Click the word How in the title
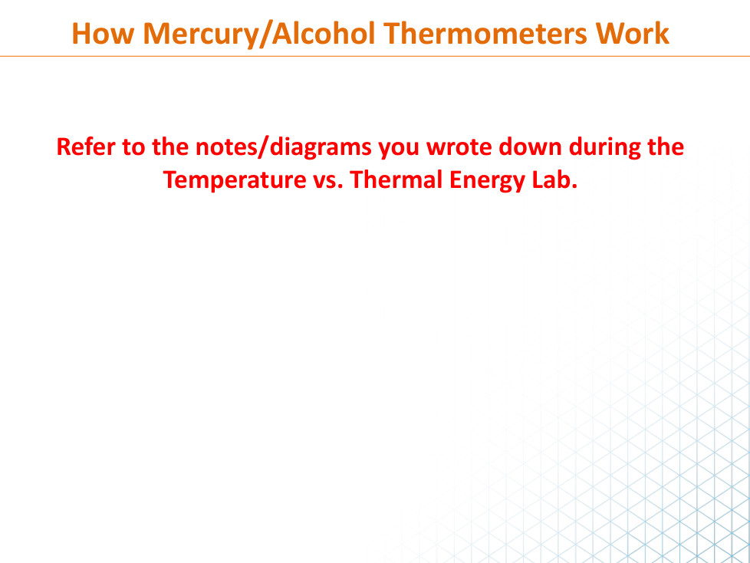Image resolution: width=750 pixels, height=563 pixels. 103,34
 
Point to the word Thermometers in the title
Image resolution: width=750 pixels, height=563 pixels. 485,34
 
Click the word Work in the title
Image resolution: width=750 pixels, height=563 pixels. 632,34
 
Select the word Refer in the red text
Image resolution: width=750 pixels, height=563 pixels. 86,147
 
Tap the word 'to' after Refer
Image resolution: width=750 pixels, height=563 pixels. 133,147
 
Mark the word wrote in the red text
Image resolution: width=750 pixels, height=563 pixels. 459,147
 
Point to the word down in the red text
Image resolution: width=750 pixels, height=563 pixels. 531,147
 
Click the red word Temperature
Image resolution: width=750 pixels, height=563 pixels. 235,181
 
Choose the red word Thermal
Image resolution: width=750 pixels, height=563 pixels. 396,179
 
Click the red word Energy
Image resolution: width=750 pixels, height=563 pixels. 488,181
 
